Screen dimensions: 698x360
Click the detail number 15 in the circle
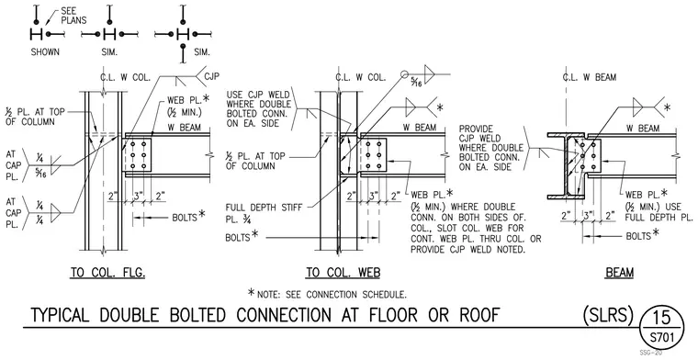(x=661, y=317)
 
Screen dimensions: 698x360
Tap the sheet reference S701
(x=661, y=337)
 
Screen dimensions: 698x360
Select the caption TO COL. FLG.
(x=107, y=273)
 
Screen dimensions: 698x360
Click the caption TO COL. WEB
(x=343, y=273)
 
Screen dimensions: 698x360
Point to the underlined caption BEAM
(x=620, y=273)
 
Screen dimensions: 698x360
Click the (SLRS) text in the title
(x=608, y=315)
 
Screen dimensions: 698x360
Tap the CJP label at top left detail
(x=212, y=76)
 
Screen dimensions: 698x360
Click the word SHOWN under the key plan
(x=45, y=52)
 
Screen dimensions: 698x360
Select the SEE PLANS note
(x=73, y=16)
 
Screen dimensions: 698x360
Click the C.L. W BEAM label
(x=590, y=77)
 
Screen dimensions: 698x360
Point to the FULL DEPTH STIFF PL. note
(x=264, y=213)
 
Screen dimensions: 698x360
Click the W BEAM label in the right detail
(x=643, y=129)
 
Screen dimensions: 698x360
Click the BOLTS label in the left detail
(x=185, y=218)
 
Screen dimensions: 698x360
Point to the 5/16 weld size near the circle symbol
(x=416, y=82)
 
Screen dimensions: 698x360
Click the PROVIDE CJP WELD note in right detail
(x=486, y=148)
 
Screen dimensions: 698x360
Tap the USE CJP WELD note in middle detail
(x=259, y=109)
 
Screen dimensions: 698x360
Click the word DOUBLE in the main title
(x=129, y=315)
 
